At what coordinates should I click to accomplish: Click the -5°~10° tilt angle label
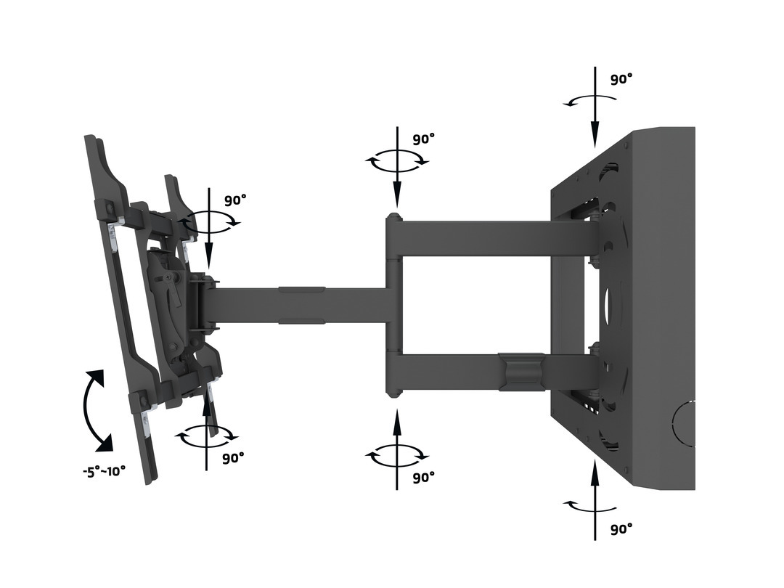coord(104,470)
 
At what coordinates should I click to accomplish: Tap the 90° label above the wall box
coord(621,79)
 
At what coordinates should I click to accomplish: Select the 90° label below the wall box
coord(621,529)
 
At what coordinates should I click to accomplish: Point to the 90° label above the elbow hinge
coord(423,139)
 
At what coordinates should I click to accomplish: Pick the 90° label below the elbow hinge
coord(423,477)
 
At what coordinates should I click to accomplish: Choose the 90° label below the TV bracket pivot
coord(233,458)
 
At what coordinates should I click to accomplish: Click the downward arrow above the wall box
coord(595,109)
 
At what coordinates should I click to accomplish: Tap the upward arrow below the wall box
coord(595,501)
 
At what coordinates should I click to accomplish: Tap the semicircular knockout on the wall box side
coord(684,425)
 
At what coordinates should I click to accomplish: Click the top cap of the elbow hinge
coord(393,218)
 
